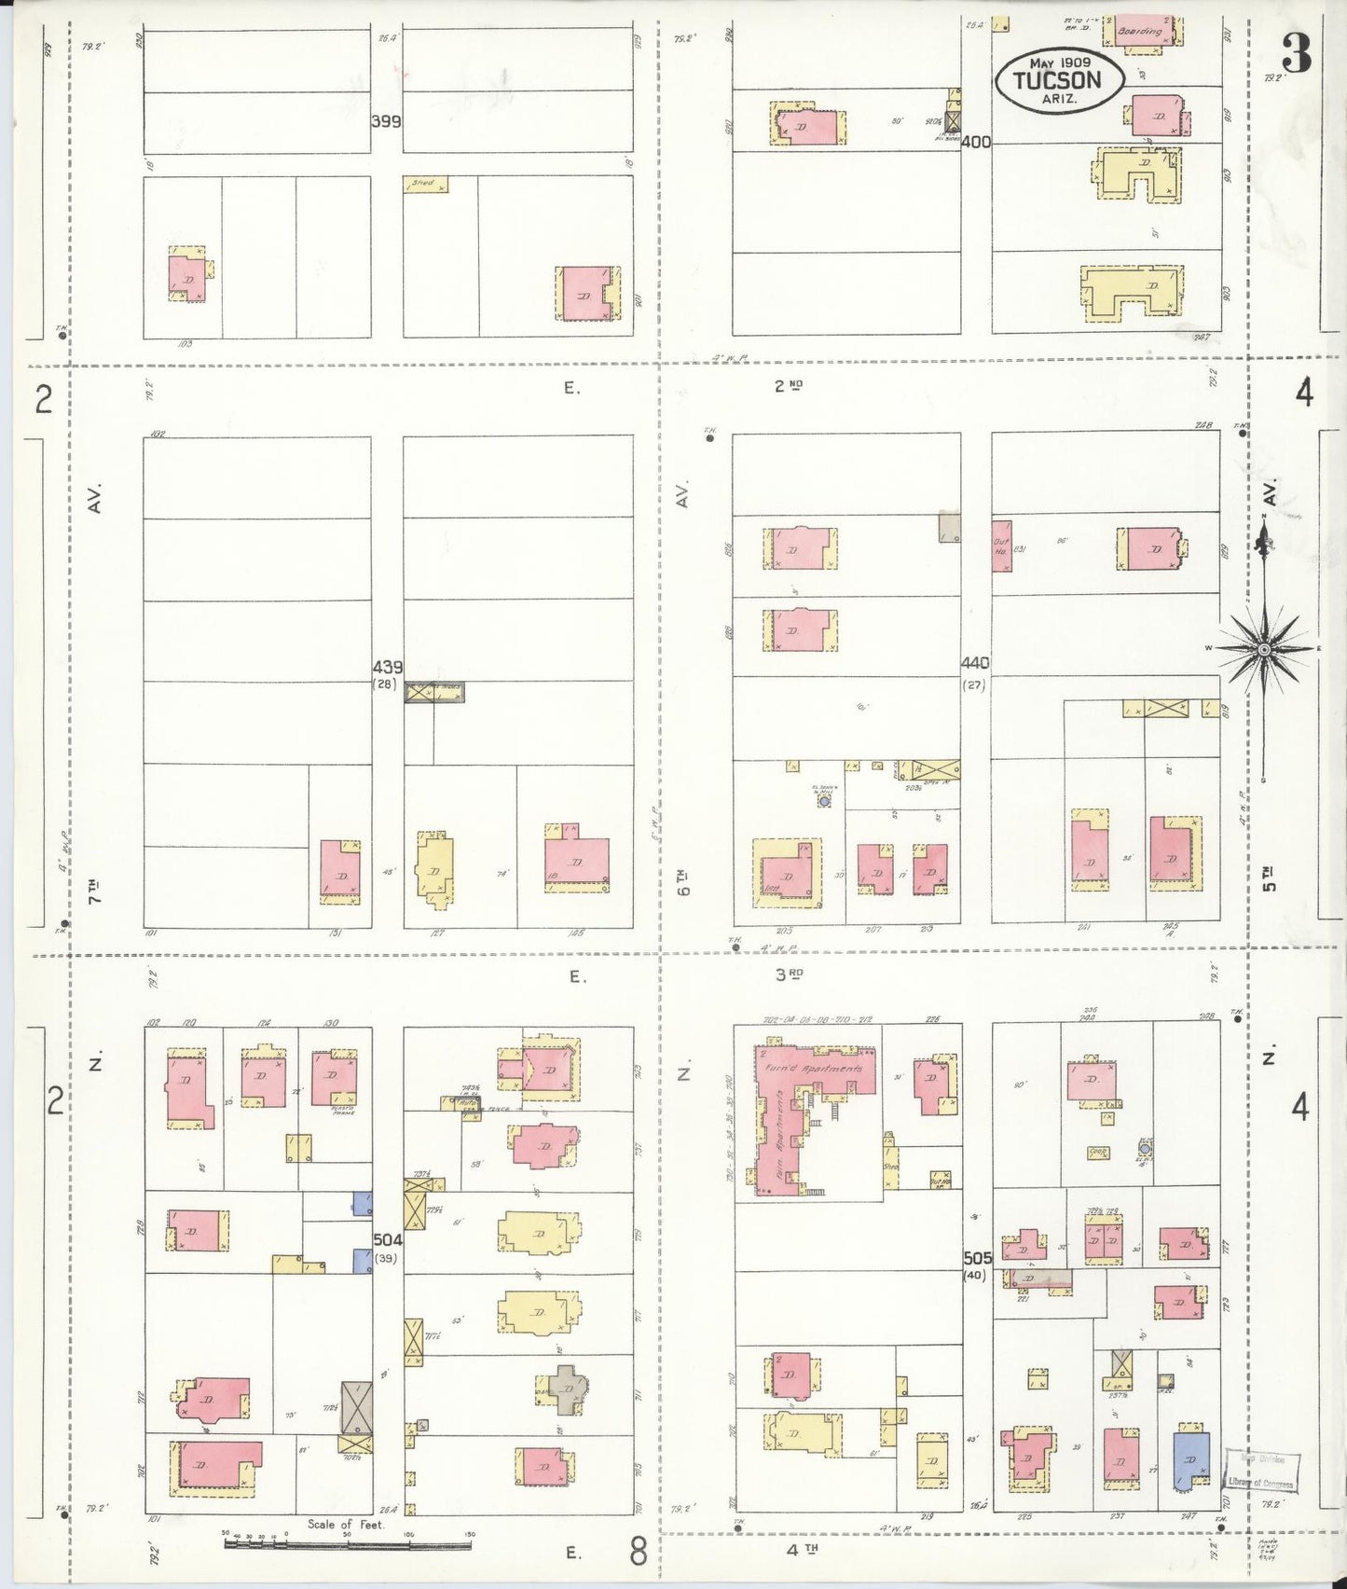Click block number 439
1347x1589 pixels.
(x=387, y=667)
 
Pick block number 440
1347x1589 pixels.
(x=976, y=663)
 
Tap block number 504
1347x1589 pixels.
(x=387, y=1239)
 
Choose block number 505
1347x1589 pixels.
(x=977, y=1258)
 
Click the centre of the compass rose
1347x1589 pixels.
(x=1263, y=648)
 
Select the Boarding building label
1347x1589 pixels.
(x=1139, y=31)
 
